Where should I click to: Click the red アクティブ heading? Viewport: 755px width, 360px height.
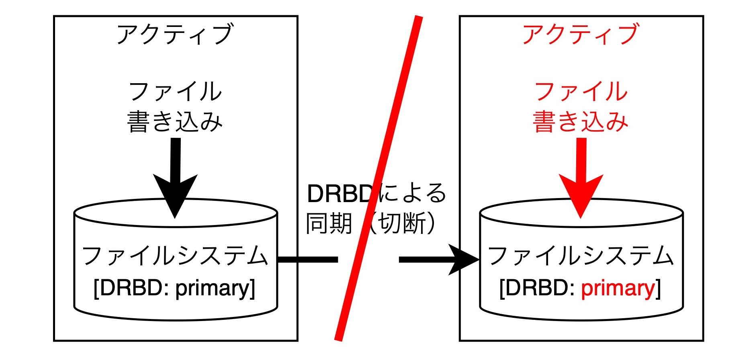(581, 34)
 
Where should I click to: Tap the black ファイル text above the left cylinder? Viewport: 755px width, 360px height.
(176, 92)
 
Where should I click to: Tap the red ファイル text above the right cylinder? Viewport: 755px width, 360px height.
(581, 92)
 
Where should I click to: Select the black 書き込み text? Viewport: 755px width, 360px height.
(175, 121)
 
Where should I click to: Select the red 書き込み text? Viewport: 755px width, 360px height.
(581, 121)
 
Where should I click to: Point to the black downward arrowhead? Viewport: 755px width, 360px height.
(175, 196)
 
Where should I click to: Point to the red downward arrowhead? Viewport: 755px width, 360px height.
(581, 196)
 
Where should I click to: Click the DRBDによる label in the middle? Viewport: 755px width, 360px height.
(376, 194)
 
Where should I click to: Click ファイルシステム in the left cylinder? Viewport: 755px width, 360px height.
(175, 256)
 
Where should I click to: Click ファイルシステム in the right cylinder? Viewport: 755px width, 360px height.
(581, 256)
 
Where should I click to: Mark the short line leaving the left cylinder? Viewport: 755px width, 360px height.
(308, 260)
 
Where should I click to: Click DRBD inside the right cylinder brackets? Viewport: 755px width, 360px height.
(537, 288)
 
